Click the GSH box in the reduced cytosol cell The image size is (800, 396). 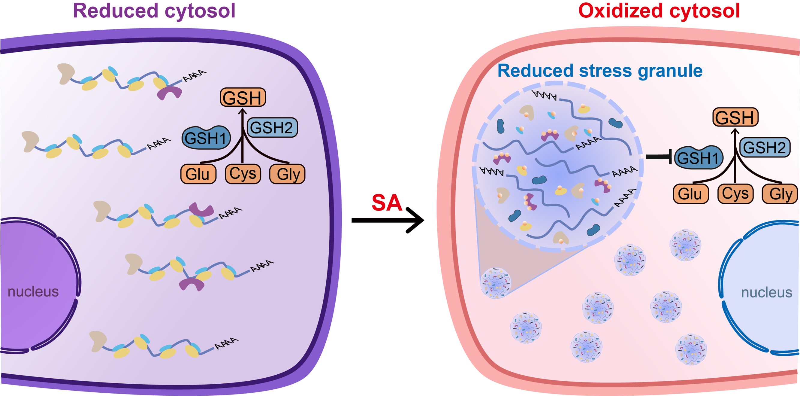243,97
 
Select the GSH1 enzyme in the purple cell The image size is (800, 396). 206,138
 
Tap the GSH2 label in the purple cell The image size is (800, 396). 272,127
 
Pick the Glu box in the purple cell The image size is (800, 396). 198,174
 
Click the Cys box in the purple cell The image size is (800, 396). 243,174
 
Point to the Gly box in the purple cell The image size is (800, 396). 287,174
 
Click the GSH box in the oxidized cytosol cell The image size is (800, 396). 735,117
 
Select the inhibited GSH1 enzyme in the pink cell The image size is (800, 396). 699,158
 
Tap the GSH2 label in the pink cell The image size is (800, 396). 764,147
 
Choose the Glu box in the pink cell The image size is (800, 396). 690,194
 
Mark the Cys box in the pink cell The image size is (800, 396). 735,194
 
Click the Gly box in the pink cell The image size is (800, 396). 780,194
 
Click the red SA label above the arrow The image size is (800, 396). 387,203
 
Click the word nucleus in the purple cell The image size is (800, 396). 33,291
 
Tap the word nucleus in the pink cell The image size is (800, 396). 766,292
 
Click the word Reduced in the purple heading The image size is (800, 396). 116,11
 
